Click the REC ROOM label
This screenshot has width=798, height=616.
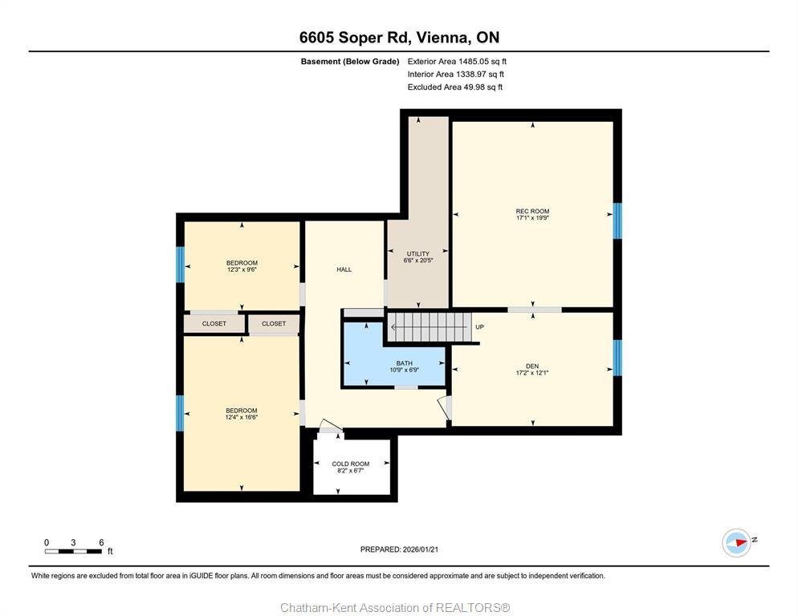tap(532, 211)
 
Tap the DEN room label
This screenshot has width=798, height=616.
tap(532, 367)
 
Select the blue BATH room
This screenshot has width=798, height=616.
tap(394, 354)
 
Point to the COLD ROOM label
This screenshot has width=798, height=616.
tap(351, 464)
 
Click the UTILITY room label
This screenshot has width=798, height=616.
tap(417, 253)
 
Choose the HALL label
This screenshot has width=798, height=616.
tap(344, 269)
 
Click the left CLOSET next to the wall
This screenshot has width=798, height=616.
tap(214, 323)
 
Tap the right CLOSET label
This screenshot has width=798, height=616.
tap(274, 323)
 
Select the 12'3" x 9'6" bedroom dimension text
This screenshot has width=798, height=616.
tap(242, 269)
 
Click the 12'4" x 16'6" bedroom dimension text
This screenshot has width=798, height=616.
tap(242, 417)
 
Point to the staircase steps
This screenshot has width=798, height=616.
tap(430, 327)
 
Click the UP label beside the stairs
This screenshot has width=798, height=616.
tap(479, 327)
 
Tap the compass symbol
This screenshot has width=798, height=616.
tap(736, 543)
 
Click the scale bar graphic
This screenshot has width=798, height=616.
tap(73, 551)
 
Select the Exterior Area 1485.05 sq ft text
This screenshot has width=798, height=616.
tap(457, 62)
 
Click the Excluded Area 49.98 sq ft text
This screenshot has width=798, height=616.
tap(455, 87)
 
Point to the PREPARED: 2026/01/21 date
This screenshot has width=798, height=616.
tap(399, 549)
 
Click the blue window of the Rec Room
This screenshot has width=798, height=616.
tap(617, 221)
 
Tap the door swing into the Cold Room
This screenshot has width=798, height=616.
tap(332, 426)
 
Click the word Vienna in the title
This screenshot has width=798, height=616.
tap(442, 38)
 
